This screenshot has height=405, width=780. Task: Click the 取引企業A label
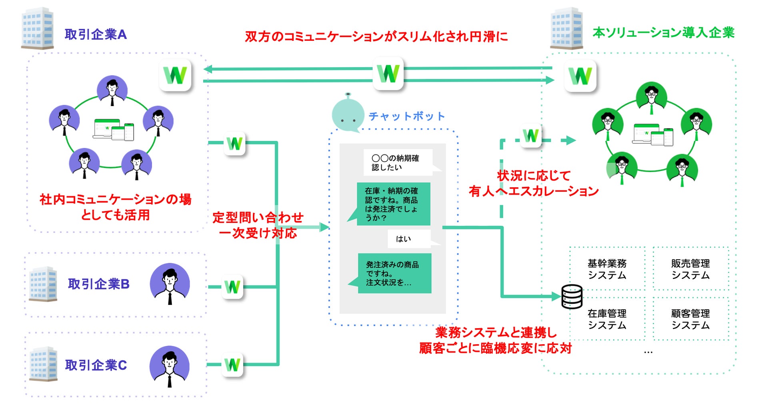(96, 34)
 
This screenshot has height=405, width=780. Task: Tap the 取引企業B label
(99, 284)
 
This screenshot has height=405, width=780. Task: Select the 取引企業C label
(96, 365)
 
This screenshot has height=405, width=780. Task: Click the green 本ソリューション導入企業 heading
(664, 32)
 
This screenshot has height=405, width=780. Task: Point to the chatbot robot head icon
(348, 113)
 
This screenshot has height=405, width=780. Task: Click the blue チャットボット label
(407, 116)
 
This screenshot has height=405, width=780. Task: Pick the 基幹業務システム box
(607, 269)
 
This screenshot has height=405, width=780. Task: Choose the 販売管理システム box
(691, 269)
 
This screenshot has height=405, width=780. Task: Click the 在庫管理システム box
(607, 319)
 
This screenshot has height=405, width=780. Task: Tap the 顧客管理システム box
(691, 319)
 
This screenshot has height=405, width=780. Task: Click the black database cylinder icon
(572, 297)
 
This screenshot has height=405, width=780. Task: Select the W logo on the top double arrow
(388, 74)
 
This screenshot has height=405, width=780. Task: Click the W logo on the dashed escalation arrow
(531, 136)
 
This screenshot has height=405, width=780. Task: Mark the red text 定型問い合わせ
(258, 217)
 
